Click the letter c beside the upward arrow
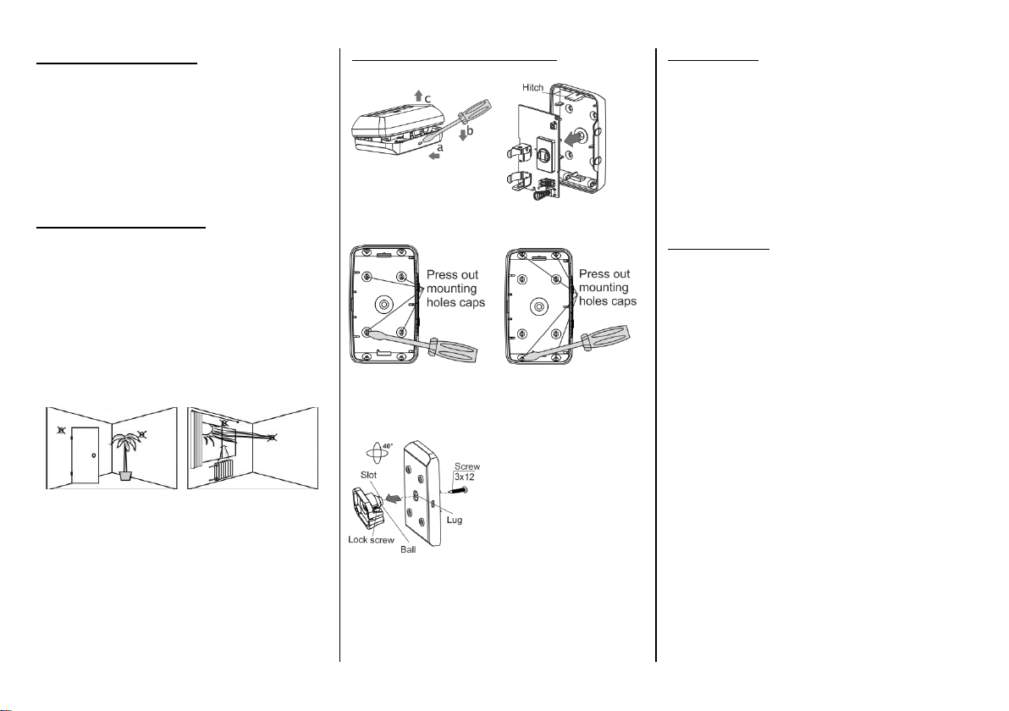[x=427, y=99]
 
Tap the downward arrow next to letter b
[x=463, y=135]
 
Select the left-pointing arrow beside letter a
[x=435, y=155]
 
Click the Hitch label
[x=532, y=87]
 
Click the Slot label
[x=369, y=475]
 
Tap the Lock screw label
[x=372, y=539]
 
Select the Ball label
[x=408, y=549]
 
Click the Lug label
[x=455, y=520]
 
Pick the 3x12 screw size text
[x=465, y=477]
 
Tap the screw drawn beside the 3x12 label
[x=458, y=491]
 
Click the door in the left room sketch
[x=85, y=455]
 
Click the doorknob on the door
[x=94, y=456]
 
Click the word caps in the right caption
[x=624, y=301]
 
